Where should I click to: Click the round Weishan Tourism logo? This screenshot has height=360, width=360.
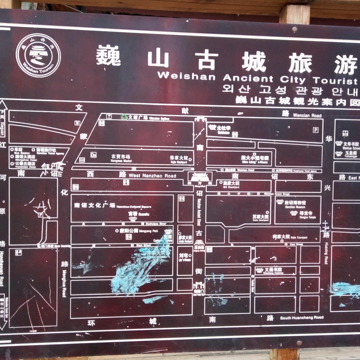point(38,55)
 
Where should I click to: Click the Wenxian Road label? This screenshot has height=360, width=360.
point(307,115)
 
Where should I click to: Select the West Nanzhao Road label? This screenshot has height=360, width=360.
point(152,176)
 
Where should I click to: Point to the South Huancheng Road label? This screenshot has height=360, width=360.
point(301,318)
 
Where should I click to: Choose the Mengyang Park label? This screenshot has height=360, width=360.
point(137,230)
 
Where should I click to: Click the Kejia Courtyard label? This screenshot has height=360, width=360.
point(285,237)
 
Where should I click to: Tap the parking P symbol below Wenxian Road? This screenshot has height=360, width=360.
point(315,130)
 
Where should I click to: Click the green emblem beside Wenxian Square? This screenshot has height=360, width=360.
point(124,117)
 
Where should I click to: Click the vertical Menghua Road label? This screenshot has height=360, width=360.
point(64,288)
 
